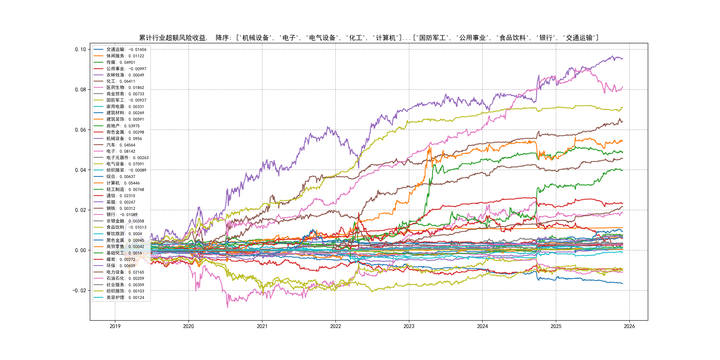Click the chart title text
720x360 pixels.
pos(369,38)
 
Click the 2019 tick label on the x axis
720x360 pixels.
pos(115,326)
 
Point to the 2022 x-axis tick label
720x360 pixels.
pos(335,326)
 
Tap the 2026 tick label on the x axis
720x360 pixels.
pos(629,326)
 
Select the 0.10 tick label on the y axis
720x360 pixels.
pos(80,50)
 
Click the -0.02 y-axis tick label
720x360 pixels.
pos(79,290)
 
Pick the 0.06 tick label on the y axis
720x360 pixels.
pos(80,130)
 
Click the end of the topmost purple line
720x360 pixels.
pos(622,58)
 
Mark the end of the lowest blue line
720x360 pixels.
pos(622,283)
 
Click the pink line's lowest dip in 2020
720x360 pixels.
pos(228,308)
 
